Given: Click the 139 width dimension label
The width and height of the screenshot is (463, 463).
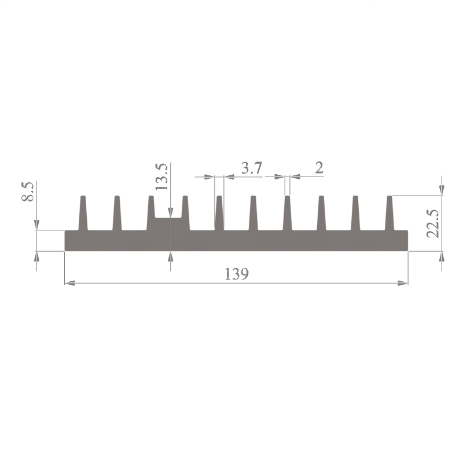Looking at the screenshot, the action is click(237, 274).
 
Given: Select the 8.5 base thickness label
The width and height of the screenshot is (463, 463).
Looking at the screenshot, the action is click(28, 192).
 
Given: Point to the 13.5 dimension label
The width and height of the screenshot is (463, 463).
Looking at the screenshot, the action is click(162, 177).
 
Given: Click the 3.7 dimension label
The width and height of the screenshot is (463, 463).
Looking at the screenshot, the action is click(252, 168).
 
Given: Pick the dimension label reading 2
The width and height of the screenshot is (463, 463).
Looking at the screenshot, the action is click(319, 168).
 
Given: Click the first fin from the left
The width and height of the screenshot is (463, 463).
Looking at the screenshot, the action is click(83, 213).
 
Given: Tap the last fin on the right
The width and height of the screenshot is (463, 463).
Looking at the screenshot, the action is click(389, 213).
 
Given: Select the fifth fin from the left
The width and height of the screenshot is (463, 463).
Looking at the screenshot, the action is click(219, 213).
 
